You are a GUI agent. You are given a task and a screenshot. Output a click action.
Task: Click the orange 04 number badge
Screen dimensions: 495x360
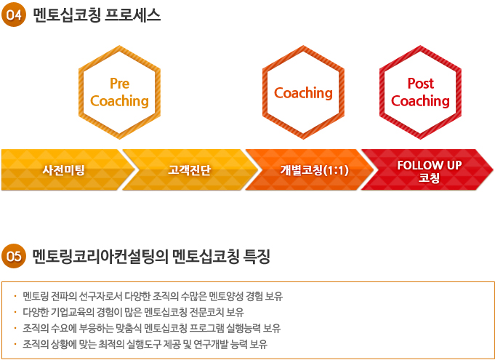(x=14, y=15)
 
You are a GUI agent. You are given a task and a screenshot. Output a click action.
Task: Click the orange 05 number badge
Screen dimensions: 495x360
(x=14, y=256)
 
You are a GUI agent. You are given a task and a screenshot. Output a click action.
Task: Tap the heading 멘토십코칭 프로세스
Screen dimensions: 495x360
(x=97, y=15)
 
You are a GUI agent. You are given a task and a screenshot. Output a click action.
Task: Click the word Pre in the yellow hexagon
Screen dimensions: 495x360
(x=120, y=84)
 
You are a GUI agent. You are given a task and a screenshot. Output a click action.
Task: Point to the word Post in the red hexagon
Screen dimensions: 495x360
(x=421, y=84)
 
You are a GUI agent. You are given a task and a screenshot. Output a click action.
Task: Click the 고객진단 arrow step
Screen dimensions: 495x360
(x=190, y=170)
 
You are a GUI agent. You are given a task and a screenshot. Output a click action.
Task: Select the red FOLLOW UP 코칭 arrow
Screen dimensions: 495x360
(x=427, y=170)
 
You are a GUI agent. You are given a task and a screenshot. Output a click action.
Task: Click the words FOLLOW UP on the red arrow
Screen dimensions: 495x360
(x=430, y=165)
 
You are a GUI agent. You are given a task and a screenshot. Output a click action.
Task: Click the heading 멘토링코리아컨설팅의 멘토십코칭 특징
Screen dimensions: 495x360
(x=151, y=256)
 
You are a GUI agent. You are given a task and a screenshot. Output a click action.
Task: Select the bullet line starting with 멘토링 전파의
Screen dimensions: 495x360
(x=153, y=296)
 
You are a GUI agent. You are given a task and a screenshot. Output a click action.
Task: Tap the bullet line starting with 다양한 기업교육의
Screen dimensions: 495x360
(x=133, y=312)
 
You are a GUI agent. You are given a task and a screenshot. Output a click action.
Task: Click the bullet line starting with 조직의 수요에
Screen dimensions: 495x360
(x=151, y=328)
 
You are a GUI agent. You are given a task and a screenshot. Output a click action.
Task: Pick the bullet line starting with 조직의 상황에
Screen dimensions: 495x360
(x=145, y=344)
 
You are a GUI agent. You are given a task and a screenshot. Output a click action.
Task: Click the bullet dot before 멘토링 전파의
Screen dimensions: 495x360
(x=15, y=296)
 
